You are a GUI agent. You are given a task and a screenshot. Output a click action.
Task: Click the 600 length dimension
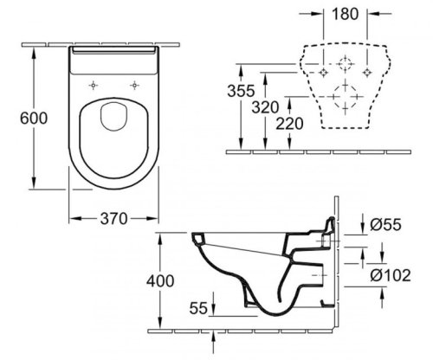tap(34, 119)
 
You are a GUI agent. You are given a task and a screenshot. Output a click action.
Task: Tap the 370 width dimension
tap(113, 218)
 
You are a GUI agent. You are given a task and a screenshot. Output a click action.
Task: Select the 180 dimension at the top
tap(346, 14)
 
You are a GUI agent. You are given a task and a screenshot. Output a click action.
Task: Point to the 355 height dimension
tap(241, 91)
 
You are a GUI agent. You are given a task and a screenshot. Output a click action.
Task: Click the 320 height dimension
tap(265, 107)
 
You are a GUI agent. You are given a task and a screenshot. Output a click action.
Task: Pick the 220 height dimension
tap(289, 124)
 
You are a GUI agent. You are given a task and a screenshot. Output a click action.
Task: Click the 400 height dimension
tap(160, 280)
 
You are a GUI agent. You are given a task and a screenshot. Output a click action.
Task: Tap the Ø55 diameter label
tap(385, 224)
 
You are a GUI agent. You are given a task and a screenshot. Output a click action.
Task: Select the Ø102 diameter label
tap(391, 275)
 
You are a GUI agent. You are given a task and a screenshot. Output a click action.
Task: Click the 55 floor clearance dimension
tap(198, 308)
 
